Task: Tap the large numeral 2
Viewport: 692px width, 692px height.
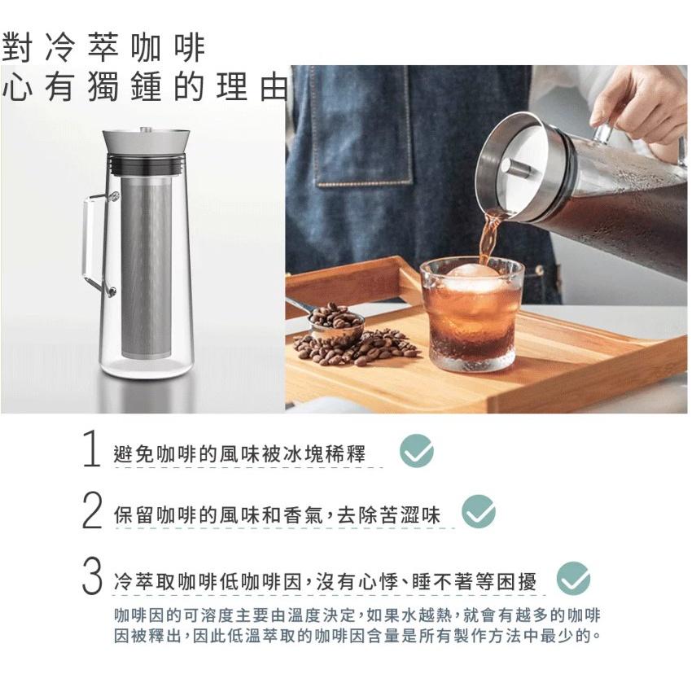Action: point(92,510)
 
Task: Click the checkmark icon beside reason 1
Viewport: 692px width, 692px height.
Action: point(417,450)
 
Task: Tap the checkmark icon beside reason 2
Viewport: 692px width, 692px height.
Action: point(479,511)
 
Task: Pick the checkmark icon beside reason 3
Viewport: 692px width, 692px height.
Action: point(573,578)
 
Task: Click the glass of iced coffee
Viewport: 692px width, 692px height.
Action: point(471,314)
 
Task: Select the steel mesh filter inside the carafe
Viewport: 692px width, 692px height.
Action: point(146,268)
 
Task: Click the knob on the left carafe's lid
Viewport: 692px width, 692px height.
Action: point(146,129)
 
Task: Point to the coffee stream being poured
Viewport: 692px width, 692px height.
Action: point(490,238)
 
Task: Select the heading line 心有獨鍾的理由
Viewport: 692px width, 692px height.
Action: point(145,86)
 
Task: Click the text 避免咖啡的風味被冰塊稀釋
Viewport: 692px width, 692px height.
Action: point(239,453)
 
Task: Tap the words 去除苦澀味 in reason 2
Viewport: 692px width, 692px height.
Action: point(389,515)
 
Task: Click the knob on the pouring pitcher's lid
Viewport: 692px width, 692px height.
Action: point(516,168)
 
